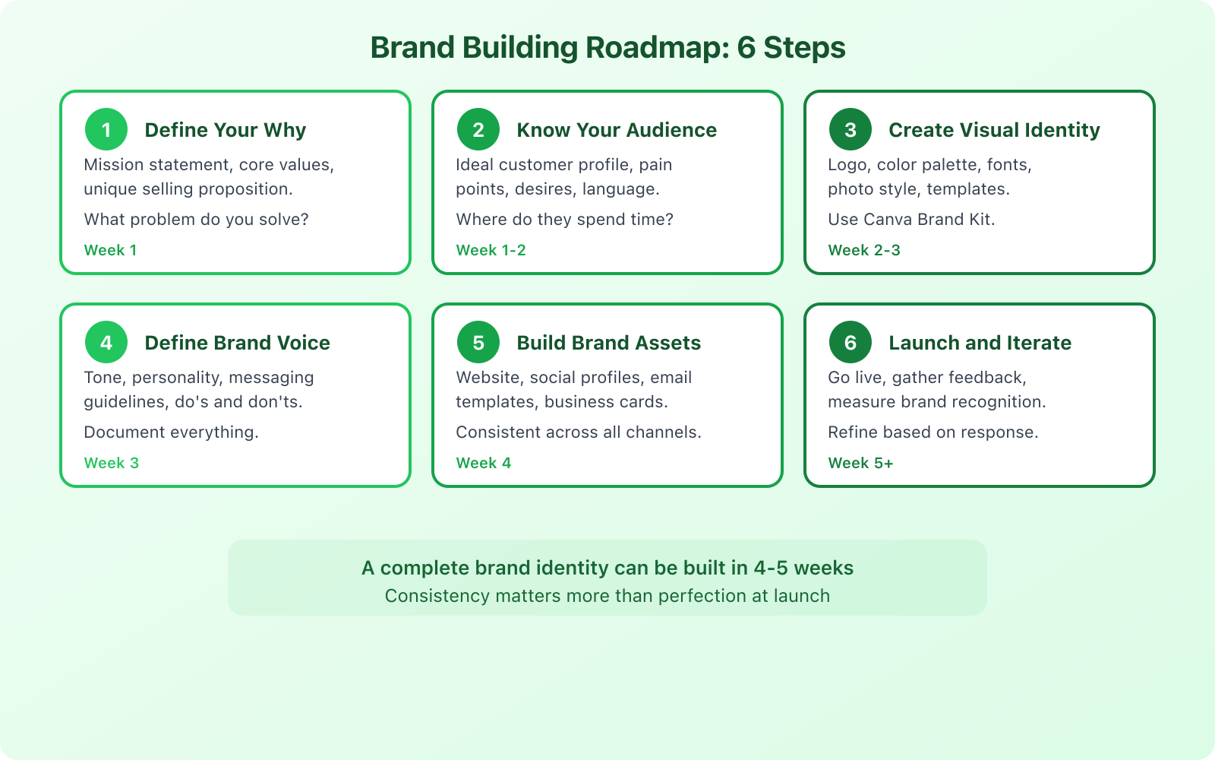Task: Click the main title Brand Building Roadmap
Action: [x=607, y=48]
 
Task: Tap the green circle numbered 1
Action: [x=106, y=129]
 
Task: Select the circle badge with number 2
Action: [x=478, y=129]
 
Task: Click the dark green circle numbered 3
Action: [x=850, y=129]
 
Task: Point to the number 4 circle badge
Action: [x=106, y=342]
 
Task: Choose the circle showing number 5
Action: [x=478, y=342]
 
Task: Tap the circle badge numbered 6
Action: [x=850, y=342]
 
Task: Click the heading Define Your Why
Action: [x=226, y=130]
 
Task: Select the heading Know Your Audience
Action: [x=617, y=130]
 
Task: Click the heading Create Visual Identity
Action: [x=994, y=130]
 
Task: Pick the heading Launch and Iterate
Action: [x=980, y=343]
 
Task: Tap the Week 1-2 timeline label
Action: [x=491, y=250]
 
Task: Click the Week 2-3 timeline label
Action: [x=864, y=250]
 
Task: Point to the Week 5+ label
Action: [x=860, y=463]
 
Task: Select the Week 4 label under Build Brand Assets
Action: [x=484, y=463]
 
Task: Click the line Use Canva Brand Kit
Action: [x=911, y=220]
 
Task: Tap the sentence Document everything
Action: [x=171, y=432]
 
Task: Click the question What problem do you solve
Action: [x=196, y=220]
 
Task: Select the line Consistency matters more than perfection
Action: [x=607, y=596]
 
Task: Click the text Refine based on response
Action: [x=933, y=432]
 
